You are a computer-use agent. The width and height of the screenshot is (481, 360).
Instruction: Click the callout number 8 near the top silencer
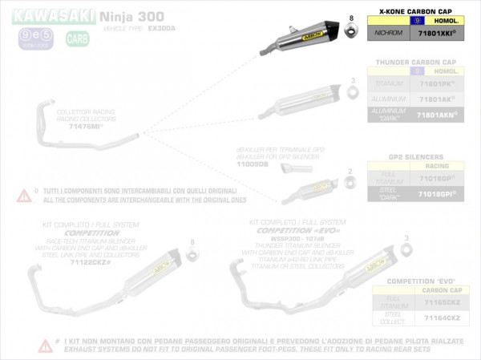pyautogui.click(x=351, y=17)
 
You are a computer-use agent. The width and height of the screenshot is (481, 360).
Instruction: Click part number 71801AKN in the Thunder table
pyautogui.click(x=436, y=115)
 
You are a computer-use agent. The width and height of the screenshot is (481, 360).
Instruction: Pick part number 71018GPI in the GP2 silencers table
pyautogui.click(x=436, y=195)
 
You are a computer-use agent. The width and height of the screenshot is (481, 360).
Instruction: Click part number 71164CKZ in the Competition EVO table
pyautogui.click(x=436, y=318)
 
